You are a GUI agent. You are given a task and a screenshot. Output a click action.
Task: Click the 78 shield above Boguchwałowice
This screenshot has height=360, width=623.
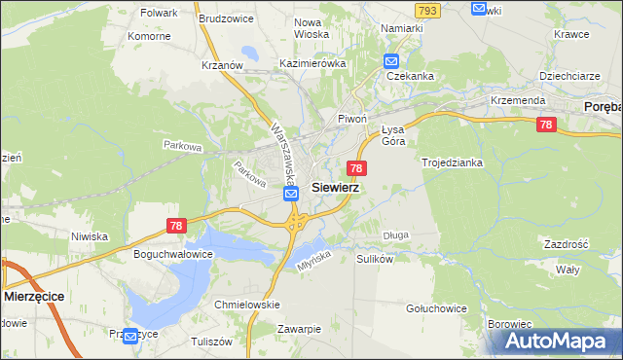175,225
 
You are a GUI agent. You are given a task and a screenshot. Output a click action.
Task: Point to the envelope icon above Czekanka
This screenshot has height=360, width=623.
391,59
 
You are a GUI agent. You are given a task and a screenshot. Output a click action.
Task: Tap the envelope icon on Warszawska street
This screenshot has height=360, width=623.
292,195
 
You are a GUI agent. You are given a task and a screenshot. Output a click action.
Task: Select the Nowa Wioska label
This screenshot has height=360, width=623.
311,28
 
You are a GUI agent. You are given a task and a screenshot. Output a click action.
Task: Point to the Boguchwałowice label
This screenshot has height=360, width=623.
172,253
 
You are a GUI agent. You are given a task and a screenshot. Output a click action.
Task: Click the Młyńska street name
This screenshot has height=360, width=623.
311,255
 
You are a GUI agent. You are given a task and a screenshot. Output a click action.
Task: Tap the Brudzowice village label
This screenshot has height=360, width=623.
226,18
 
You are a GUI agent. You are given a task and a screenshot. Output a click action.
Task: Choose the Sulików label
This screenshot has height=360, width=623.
375,260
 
